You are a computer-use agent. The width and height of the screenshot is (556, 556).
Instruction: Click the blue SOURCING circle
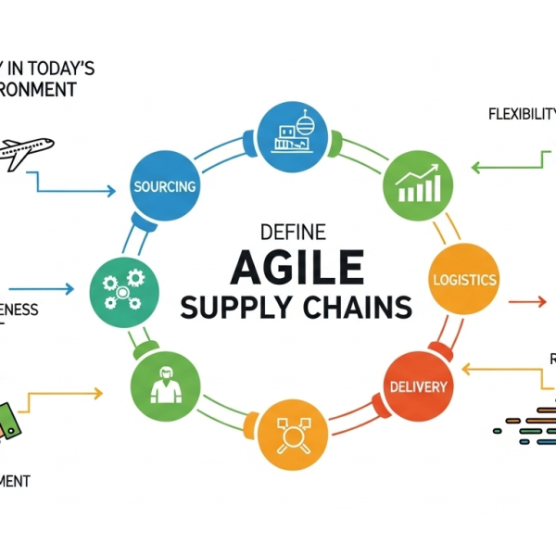click(164, 185)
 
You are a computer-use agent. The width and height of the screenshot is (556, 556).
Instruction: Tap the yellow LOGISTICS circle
click(464, 279)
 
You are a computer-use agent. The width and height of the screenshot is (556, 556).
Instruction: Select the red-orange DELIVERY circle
click(419, 385)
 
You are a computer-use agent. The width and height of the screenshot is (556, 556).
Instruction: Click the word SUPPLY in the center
click(226, 308)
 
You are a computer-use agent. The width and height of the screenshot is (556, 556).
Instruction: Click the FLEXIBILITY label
click(521, 115)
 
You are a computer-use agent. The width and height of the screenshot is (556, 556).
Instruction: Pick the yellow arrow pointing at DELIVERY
click(505, 370)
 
